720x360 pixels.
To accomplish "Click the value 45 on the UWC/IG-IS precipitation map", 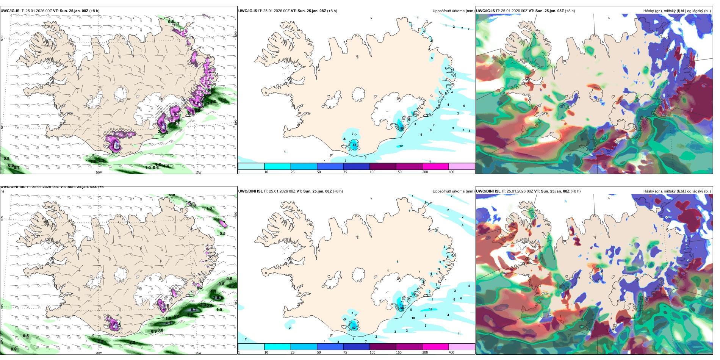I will click(355, 145).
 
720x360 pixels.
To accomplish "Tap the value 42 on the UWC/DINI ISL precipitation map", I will click(354, 327).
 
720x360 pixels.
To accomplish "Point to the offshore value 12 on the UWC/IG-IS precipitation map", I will click(401, 146).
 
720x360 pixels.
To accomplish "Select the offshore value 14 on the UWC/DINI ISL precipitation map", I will click(430, 309).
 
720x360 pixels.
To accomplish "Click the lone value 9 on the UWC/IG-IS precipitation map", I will click(421, 135).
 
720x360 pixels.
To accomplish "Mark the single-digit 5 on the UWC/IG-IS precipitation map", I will click(432, 58).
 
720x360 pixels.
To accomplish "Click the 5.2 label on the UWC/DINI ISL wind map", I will click(193, 310).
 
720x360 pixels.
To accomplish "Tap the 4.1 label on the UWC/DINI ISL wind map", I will click(169, 323).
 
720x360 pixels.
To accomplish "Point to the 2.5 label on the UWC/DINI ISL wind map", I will click(100, 341).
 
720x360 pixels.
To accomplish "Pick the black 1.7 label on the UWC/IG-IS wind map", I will click(224, 100).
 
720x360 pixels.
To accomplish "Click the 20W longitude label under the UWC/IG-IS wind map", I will click(99, 172).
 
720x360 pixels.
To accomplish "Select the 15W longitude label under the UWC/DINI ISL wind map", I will click(198, 353).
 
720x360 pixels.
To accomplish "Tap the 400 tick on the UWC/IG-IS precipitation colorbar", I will click(451, 172).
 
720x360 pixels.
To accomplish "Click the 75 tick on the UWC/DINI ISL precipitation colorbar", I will click(345, 352).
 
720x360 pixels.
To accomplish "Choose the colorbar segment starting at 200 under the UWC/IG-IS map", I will click(435, 166).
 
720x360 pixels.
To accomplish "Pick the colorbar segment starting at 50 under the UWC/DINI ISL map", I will click(330, 347).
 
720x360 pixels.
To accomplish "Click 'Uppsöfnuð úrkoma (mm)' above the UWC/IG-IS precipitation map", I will click(453, 11).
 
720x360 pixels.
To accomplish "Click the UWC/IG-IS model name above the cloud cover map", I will click(485, 11).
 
